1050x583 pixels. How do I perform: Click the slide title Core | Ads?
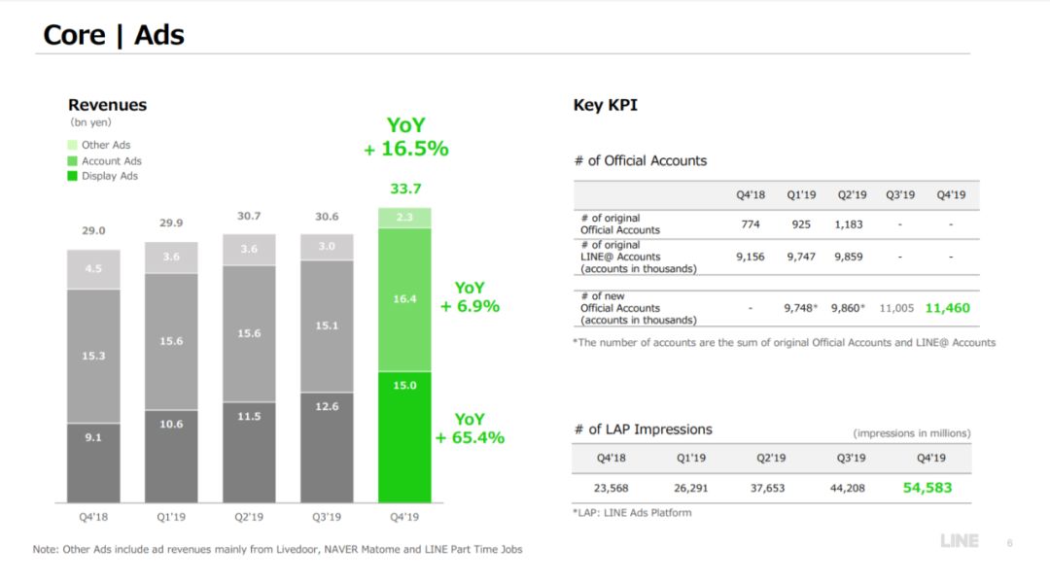pos(114,36)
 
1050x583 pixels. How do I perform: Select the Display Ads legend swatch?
pos(73,176)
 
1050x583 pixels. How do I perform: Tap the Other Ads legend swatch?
pos(73,145)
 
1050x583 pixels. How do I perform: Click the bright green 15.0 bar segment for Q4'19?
pos(404,437)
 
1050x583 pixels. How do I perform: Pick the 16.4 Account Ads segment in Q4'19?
pos(404,299)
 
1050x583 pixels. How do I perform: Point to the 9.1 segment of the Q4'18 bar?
pos(93,462)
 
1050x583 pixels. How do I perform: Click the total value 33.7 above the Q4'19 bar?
pos(405,189)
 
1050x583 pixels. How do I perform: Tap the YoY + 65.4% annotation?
pos(470,429)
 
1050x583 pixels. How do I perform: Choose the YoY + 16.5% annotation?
pos(405,137)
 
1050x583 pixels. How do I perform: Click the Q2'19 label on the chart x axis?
pos(249,517)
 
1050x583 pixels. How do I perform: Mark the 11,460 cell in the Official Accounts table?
pos(947,308)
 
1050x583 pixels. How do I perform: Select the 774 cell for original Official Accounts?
pos(750,224)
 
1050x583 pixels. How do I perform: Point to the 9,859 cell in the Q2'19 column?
pos(847,257)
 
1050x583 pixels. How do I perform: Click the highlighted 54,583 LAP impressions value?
pos(927,488)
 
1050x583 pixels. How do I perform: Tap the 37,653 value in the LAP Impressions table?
pos(767,488)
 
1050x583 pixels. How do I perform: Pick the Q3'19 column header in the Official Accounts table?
pos(900,194)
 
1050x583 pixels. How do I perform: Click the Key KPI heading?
pos(606,105)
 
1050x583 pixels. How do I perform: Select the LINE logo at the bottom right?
pos(959,541)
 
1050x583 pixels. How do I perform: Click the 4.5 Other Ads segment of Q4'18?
pos(93,269)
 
